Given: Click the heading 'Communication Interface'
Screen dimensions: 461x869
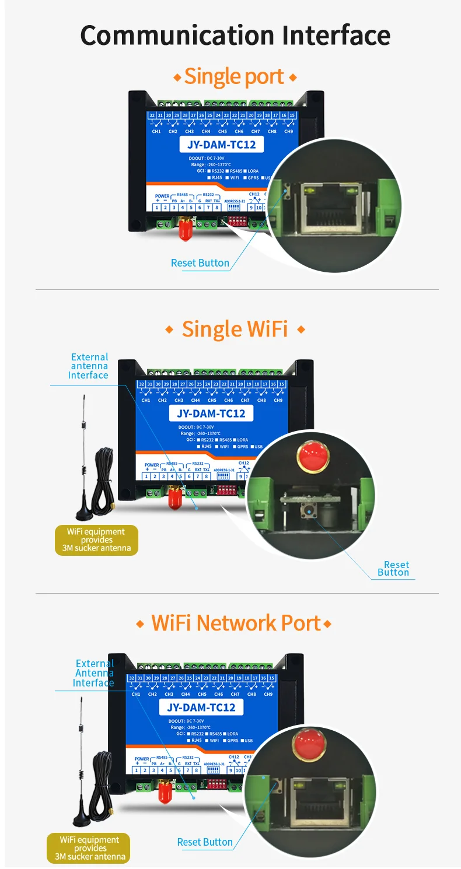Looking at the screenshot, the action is point(235,36).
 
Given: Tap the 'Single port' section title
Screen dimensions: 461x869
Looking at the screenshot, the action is point(235,76).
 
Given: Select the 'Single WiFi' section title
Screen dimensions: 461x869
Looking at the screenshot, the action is point(235,329).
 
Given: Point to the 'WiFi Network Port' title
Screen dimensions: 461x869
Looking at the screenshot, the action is point(235,623).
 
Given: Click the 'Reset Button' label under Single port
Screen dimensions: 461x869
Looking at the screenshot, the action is point(200,263).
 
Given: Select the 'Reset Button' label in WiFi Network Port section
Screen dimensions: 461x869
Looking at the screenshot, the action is point(205,842).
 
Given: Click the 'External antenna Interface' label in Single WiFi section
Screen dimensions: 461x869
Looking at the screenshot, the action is point(89,366).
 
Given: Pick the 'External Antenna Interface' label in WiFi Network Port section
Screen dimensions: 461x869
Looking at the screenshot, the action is point(94,673).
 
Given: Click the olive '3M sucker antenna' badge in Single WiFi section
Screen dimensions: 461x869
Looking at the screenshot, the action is point(96,540).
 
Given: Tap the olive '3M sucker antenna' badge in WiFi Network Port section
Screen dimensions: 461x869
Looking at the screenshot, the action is point(88,849).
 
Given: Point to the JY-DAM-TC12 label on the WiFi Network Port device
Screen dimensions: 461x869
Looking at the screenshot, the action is point(201,707).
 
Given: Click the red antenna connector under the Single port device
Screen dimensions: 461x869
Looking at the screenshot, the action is point(185,230).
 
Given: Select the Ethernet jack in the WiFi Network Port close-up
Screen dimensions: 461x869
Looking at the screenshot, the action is point(320,800).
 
